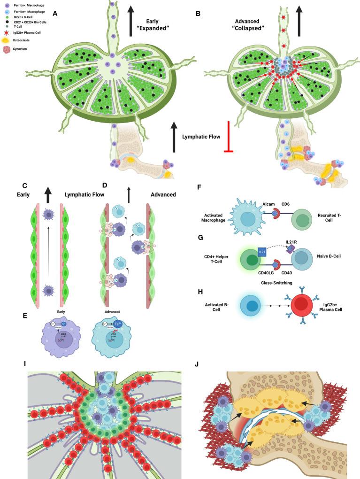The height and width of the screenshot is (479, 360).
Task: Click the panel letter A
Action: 55,14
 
